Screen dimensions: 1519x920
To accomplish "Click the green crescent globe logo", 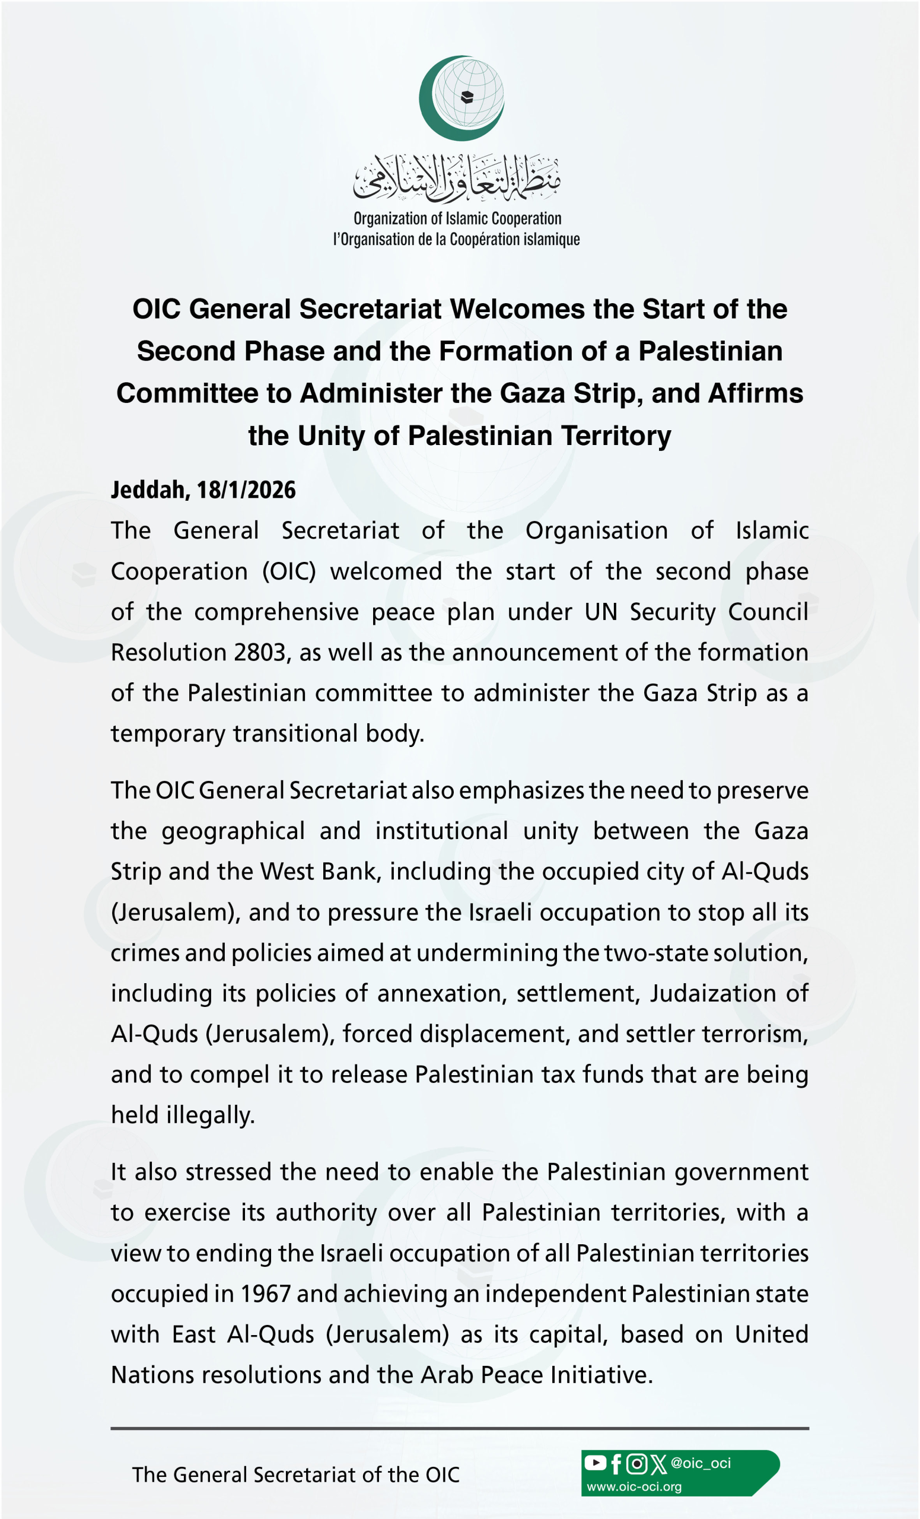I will tap(461, 97).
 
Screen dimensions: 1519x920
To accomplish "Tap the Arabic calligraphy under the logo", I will tap(457, 178).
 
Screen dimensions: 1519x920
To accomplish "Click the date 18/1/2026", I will tap(246, 490).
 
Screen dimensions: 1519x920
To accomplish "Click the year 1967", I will tap(265, 1294).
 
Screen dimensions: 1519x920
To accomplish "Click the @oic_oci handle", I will tap(701, 1463).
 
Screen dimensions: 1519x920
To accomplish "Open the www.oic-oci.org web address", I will tap(634, 1486).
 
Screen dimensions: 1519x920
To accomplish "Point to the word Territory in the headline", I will tap(616, 436).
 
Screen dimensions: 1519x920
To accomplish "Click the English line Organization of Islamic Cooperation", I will tap(457, 219).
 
